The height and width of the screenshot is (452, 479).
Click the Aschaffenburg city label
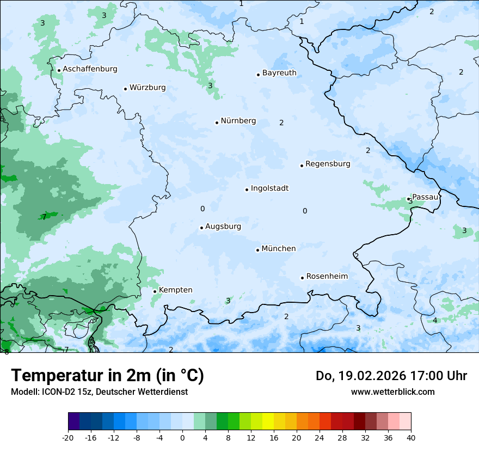(90, 69)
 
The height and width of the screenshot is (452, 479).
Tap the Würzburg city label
(148, 88)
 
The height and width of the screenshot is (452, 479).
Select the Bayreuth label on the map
(279, 73)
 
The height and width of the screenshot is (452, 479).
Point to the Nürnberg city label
(238, 121)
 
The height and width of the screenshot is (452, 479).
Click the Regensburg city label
(328, 164)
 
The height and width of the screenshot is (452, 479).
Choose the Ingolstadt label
(269, 188)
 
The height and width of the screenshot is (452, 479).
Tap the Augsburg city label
(223, 227)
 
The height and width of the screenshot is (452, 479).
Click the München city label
(279, 249)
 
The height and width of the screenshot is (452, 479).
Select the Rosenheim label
(327, 277)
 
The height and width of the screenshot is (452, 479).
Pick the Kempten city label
(176, 290)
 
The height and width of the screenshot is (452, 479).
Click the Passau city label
(425, 197)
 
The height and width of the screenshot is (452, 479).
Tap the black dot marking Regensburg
(302, 166)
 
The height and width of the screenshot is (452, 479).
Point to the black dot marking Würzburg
(125, 89)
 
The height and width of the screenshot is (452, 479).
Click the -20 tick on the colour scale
(68, 437)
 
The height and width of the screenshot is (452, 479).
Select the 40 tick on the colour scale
(411, 437)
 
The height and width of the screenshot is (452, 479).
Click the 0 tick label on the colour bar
(182, 437)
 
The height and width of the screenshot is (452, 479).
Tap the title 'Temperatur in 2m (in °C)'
(107, 376)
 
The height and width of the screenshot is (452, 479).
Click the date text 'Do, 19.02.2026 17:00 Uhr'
(391, 376)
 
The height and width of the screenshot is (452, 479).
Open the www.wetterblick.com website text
(392, 392)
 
